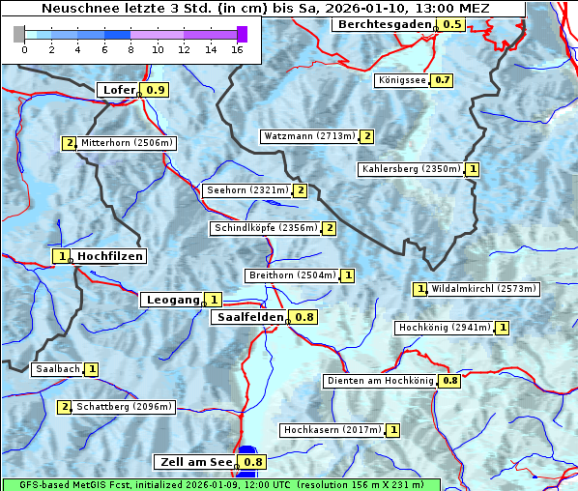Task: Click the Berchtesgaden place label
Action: point(383,24)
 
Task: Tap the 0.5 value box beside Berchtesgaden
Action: point(451,24)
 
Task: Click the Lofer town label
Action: point(118,90)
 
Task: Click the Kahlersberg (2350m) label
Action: point(411,169)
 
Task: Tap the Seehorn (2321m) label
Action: point(247,190)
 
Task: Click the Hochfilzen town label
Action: point(109,256)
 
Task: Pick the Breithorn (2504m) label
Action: point(291,275)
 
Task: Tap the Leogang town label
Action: point(172,300)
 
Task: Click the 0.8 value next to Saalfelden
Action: point(304,317)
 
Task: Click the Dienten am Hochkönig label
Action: point(379,381)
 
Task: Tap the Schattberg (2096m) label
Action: point(124,407)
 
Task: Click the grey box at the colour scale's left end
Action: point(19,34)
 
